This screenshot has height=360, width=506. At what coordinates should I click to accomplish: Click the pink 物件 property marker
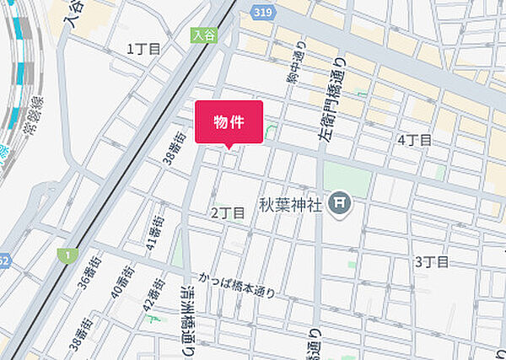click(x=229, y=122)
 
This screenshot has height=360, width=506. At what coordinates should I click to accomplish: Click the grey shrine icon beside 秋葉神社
click(x=340, y=203)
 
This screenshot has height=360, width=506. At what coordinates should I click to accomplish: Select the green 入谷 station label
click(x=204, y=35)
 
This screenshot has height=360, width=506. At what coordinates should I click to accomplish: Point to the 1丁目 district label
click(x=143, y=49)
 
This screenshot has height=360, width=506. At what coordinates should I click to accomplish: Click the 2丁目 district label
click(x=228, y=213)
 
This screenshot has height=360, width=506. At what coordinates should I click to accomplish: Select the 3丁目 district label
click(x=431, y=261)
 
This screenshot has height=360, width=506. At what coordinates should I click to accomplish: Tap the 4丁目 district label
click(x=414, y=139)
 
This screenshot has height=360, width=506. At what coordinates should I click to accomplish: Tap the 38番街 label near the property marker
click(x=175, y=147)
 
